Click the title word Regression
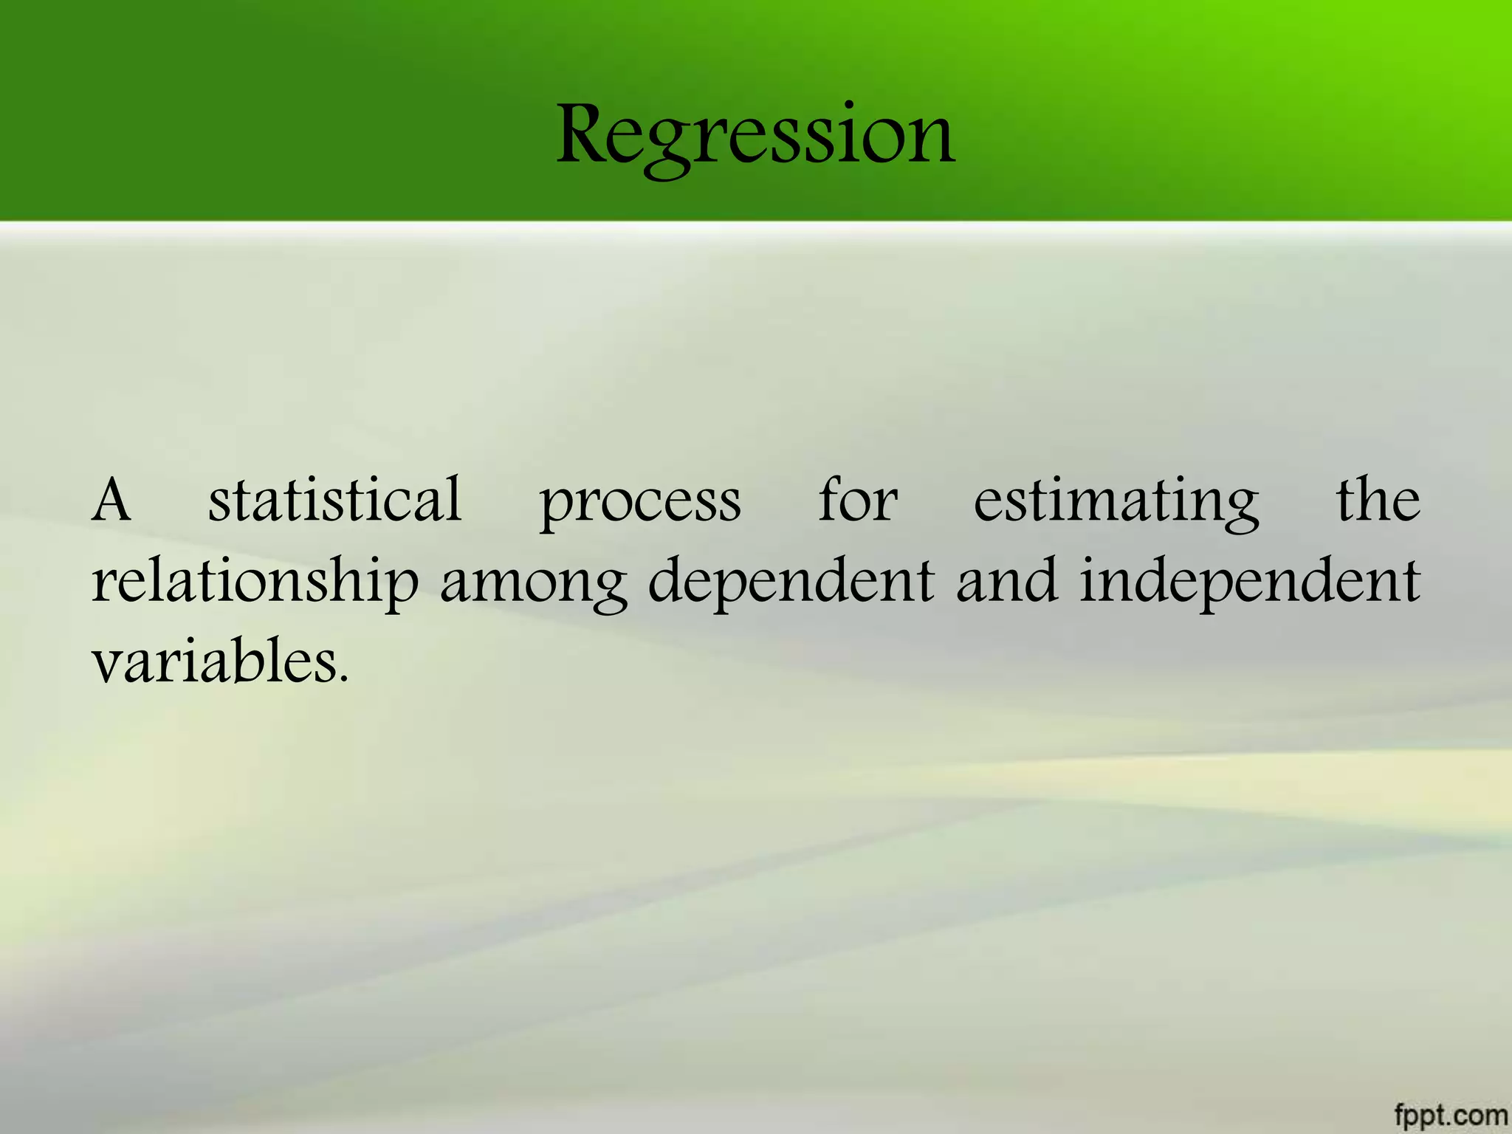755,137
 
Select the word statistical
335,500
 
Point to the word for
858,500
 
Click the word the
1378,500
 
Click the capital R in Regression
585,134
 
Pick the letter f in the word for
831,498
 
